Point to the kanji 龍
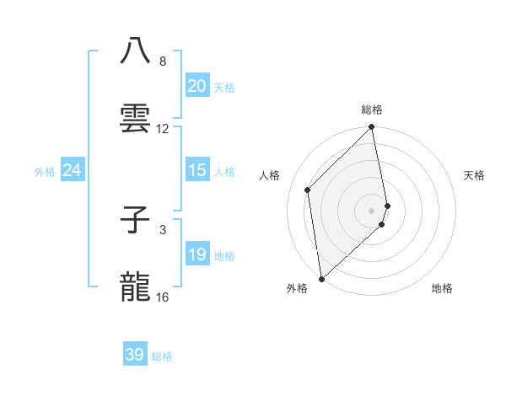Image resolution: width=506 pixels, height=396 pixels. tap(136, 288)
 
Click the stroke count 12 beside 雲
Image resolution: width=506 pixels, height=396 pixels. tap(163, 128)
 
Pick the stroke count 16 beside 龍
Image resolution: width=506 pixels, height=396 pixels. tap(163, 297)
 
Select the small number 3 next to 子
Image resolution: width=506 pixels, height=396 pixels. tap(163, 228)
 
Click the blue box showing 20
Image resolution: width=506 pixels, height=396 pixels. tap(196, 86)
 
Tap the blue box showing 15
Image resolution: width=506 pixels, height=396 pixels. tap(196, 170)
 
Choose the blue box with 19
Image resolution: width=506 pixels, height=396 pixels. tap(196, 254)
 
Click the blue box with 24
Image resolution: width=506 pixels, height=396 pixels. tap(72, 170)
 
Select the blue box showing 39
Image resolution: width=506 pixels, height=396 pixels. tap(134, 355)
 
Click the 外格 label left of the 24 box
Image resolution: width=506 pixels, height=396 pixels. tap(45, 172)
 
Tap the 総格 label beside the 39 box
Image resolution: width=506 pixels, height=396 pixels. tap(162, 356)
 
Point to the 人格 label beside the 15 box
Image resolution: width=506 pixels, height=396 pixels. tap(224, 172)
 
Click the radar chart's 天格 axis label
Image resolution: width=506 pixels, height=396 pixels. tap(475, 175)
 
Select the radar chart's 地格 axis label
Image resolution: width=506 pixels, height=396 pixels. tap(442, 288)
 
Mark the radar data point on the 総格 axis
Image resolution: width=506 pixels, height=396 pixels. tap(371, 128)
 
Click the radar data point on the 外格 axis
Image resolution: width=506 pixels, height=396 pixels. tap(321, 278)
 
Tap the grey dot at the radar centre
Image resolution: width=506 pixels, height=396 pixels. tap(371, 210)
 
